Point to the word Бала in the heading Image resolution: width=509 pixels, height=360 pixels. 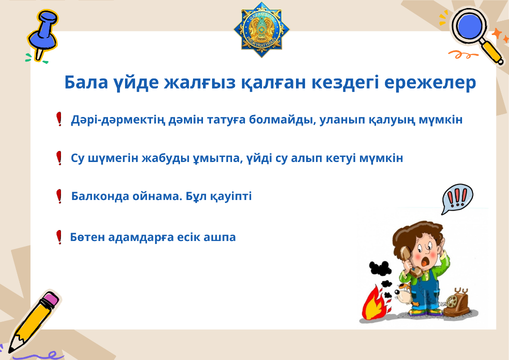(x=86, y=82)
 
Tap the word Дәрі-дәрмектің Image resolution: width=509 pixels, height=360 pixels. (x=118, y=120)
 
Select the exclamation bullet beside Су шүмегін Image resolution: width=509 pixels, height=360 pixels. (x=59, y=158)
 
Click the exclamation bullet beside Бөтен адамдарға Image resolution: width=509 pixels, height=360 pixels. (x=59, y=237)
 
